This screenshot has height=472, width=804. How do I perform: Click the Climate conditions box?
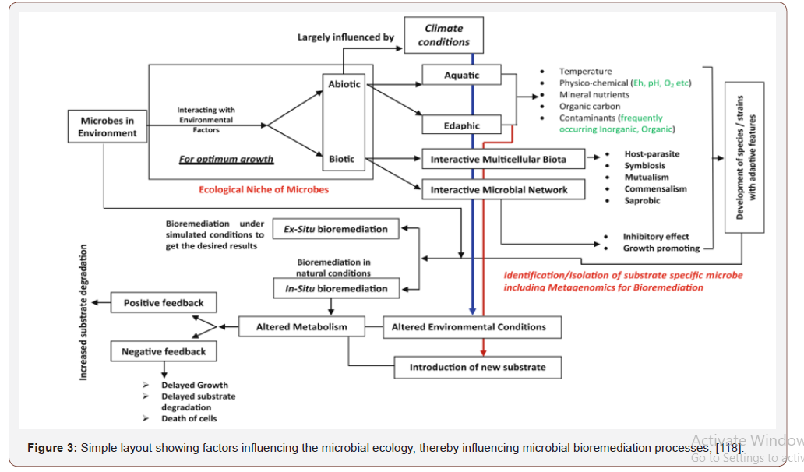pyautogui.click(x=443, y=35)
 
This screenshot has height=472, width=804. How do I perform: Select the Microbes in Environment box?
pyautogui.click(x=108, y=127)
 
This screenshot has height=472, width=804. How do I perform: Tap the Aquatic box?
pyautogui.click(x=461, y=76)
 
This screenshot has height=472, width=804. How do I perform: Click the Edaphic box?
pyautogui.click(x=461, y=125)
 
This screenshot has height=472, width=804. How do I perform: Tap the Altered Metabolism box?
pyautogui.click(x=302, y=327)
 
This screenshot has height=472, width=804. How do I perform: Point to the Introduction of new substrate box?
pyautogui.click(x=477, y=367)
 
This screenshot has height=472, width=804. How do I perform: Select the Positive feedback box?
pyautogui.click(x=164, y=303)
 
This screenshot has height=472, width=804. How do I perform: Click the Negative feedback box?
pyautogui.click(x=164, y=352)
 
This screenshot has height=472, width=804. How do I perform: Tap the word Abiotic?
pyautogui.click(x=344, y=84)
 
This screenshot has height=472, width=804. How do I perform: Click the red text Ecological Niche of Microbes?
pyautogui.click(x=263, y=189)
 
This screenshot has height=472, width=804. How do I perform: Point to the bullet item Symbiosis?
pyautogui.click(x=646, y=166)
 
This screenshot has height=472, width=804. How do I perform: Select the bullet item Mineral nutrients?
pyautogui.click(x=594, y=94)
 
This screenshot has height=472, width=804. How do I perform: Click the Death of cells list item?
pyautogui.click(x=189, y=418)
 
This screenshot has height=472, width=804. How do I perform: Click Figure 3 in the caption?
pyautogui.click(x=51, y=448)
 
